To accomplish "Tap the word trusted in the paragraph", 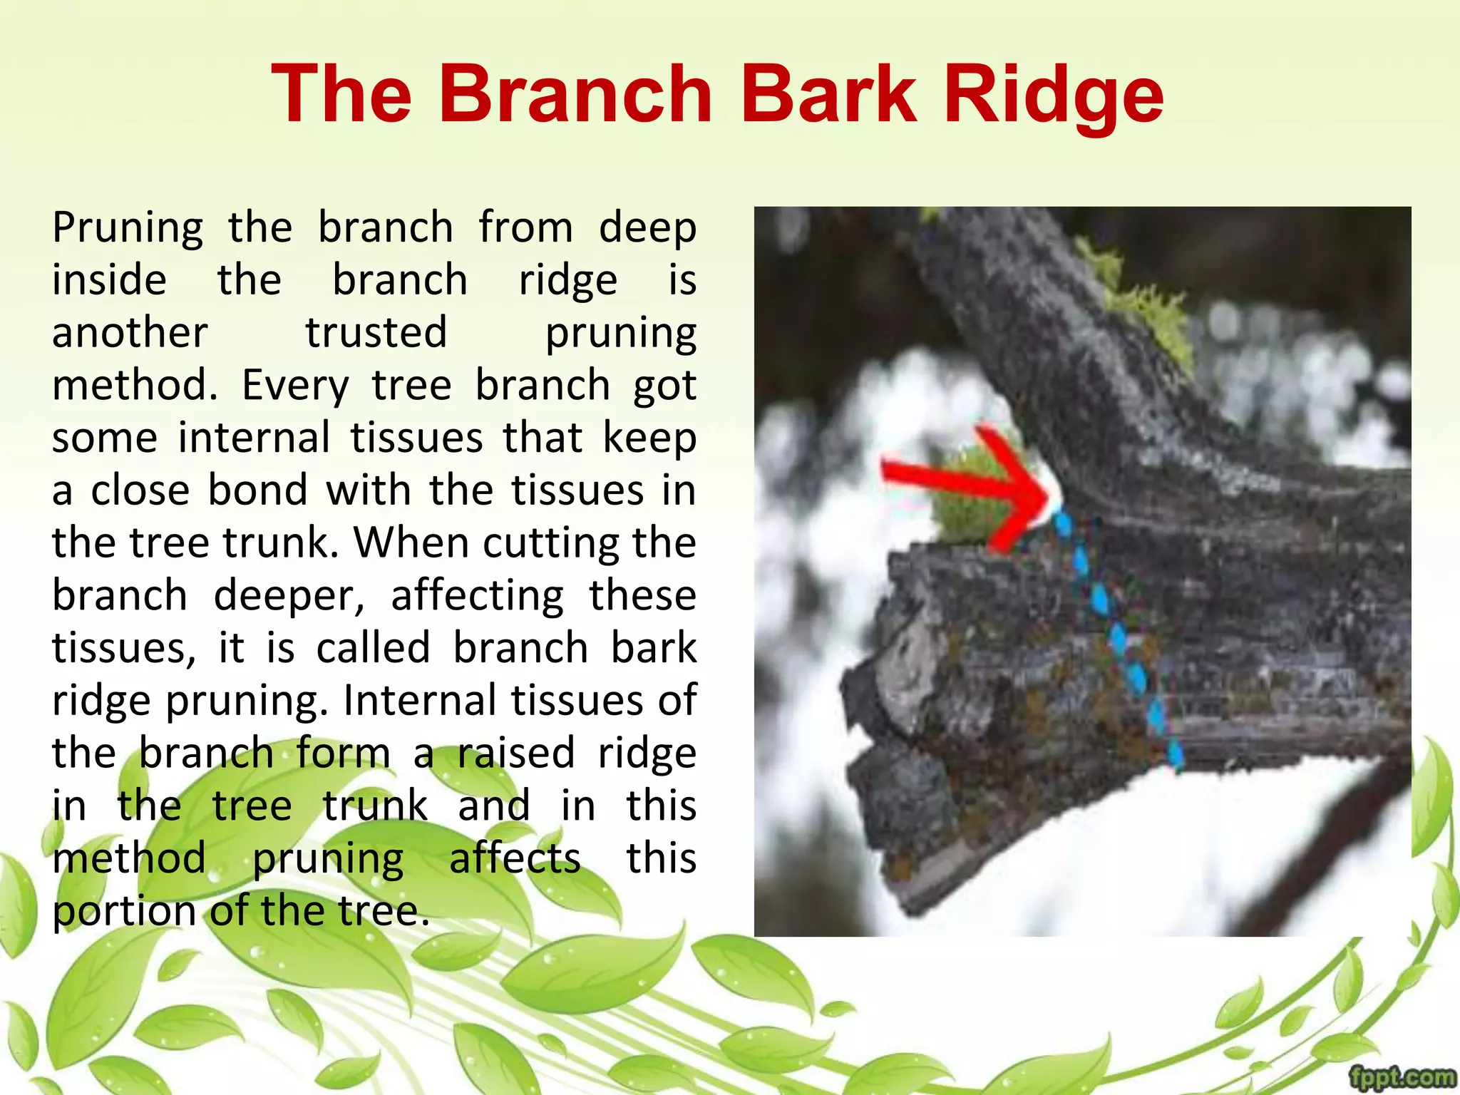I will [x=376, y=333].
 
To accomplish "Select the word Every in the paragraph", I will [x=295, y=386].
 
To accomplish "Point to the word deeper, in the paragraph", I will [x=289, y=596].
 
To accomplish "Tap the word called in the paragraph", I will [x=374, y=648].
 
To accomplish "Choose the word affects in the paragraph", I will [x=515, y=858].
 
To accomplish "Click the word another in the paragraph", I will [x=130, y=333].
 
